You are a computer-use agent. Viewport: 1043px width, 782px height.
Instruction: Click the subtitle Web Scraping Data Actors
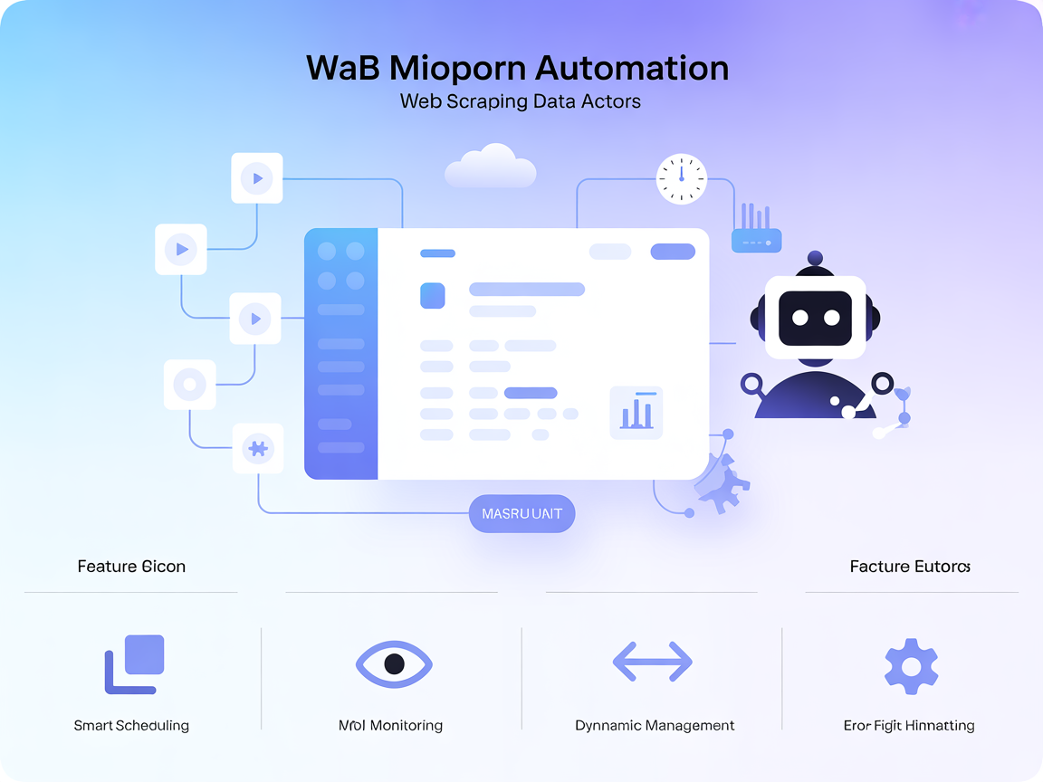tap(521, 101)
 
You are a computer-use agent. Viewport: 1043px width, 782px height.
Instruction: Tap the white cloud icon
tap(491, 167)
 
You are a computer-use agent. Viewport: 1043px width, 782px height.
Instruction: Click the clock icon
tap(681, 178)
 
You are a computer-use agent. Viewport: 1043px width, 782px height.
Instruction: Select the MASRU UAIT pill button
tap(522, 513)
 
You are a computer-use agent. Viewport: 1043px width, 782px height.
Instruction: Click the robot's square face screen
tap(809, 318)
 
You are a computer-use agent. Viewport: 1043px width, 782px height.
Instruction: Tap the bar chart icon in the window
tap(636, 413)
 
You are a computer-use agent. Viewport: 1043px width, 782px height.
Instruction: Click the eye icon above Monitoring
tap(394, 663)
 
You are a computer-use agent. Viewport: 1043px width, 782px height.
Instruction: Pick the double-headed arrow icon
tap(653, 662)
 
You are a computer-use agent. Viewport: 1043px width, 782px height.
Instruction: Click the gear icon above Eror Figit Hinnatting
tap(911, 666)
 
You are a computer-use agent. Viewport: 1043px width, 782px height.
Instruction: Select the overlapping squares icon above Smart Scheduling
tap(135, 663)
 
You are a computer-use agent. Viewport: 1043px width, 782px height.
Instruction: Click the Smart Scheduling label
tap(131, 725)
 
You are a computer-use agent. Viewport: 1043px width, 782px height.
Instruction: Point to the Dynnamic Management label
tap(655, 725)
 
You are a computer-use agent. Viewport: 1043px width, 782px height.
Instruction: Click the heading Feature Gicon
tap(131, 567)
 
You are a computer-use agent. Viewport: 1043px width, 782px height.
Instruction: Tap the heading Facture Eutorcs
tap(910, 567)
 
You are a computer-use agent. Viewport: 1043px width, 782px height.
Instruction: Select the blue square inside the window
tap(433, 295)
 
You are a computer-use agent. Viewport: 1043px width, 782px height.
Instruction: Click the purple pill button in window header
tap(673, 252)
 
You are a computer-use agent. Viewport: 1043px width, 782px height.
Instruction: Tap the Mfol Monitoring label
tap(390, 725)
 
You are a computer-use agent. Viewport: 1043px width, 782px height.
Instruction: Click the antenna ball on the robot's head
tap(815, 258)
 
